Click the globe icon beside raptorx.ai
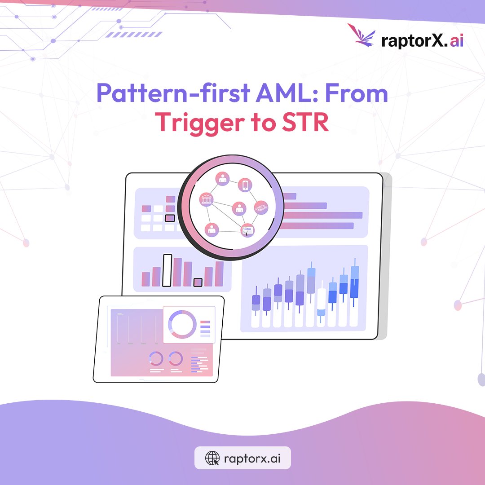pos(212,458)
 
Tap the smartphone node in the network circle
pos(245,185)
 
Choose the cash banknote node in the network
pos(261,207)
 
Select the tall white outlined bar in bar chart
pos(167,270)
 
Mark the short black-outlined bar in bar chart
pos(198,282)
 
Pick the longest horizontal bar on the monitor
pos(320,216)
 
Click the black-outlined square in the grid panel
pos(170,218)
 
